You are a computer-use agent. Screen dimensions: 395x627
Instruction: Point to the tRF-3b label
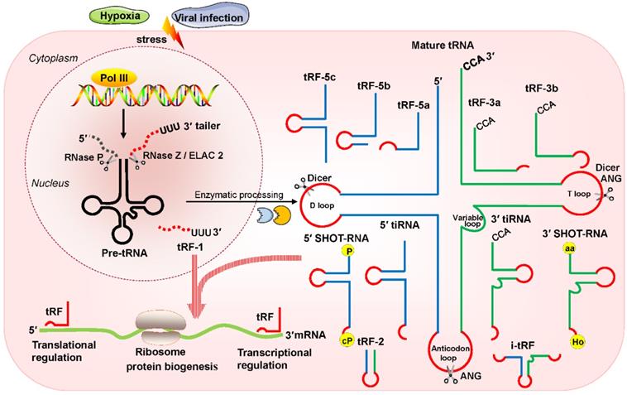[543, 87]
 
